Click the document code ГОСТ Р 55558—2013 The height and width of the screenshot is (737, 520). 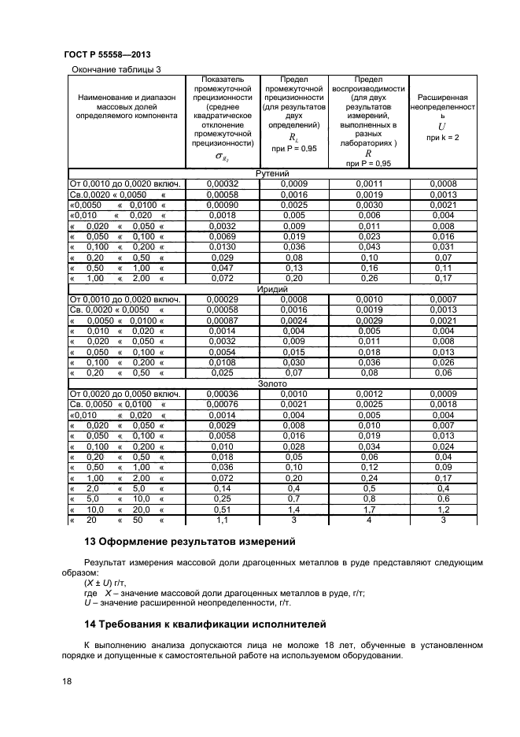tap(106, 54)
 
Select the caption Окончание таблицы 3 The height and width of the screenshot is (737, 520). tap(116, 70)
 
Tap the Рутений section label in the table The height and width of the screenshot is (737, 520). tap(273, 174)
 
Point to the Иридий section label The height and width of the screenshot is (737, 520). tap(273, 290)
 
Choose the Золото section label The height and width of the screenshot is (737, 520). tap(273, 383)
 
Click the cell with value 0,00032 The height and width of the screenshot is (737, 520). tap(222, 184)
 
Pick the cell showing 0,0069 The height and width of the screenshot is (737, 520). tap(222, 236)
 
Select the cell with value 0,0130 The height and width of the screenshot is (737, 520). tap(222, 247)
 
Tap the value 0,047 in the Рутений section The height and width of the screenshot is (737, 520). tap(222, 268)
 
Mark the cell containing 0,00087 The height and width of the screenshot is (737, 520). tap(222, 320)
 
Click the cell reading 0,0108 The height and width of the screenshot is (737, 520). tap(222, 362)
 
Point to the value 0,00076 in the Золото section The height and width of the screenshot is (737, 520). tap(222, 404)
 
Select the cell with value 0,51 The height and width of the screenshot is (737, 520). tap(222, 509)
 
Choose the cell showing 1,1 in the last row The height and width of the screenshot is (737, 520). tap(222, 520)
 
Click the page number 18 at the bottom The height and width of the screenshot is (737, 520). tap(67, 681)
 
